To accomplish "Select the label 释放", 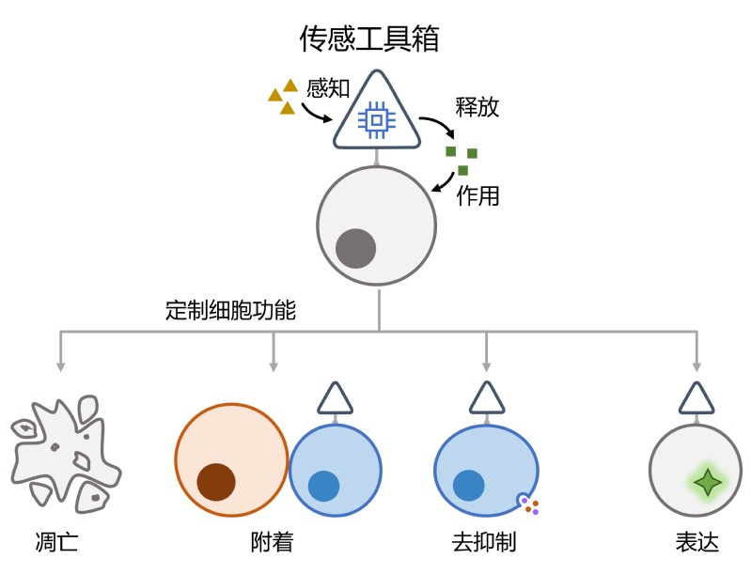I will (x=477, y=106).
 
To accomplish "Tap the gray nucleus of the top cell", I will (x=356, y=248).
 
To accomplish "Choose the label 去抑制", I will (x=484, y=543).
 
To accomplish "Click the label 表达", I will (x=696, y=543).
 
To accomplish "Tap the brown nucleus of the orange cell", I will (x=216, y=482).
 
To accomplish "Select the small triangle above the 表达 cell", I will (x=696, y=398).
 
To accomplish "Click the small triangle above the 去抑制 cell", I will (x=486, y=398).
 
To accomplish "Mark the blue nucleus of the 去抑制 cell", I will (x=468, y=486).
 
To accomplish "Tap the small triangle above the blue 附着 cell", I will (x=335, y=398).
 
